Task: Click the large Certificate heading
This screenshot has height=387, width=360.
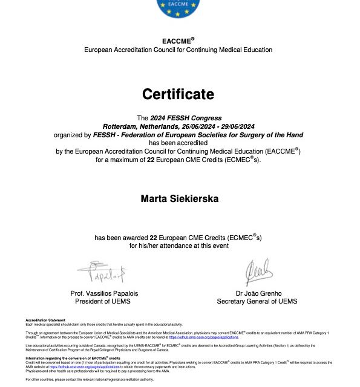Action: (178, 94)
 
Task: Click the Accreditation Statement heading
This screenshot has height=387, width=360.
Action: (45, 319)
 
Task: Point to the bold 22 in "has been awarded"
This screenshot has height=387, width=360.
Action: (153, 238)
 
